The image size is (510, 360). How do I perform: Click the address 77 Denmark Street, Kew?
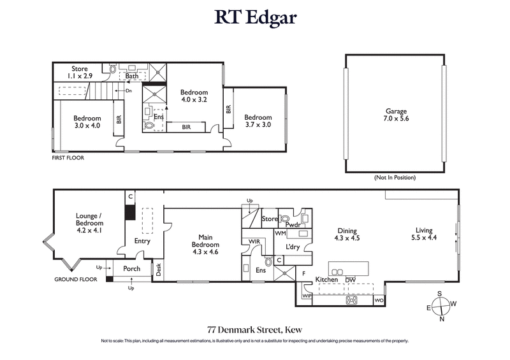click(254, 329)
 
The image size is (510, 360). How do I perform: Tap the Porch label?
click(132, 268)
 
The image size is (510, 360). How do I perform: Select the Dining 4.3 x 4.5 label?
click(347, 234)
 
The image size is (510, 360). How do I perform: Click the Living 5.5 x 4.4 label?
click(424, 234)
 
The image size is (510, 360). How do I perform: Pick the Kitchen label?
click(326, 280)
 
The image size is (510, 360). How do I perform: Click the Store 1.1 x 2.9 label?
click(79, 72)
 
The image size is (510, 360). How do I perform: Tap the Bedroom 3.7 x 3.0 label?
click(258, 121)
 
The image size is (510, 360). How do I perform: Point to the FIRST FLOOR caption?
click(68, 157)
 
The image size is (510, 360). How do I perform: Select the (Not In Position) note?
click(395, 178)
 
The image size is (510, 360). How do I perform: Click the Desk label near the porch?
click(159, 269)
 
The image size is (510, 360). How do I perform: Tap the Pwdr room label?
click(293, 225)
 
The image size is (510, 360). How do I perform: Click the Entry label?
click(142, 241)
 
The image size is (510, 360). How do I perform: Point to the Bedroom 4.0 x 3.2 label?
click(193, 96)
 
